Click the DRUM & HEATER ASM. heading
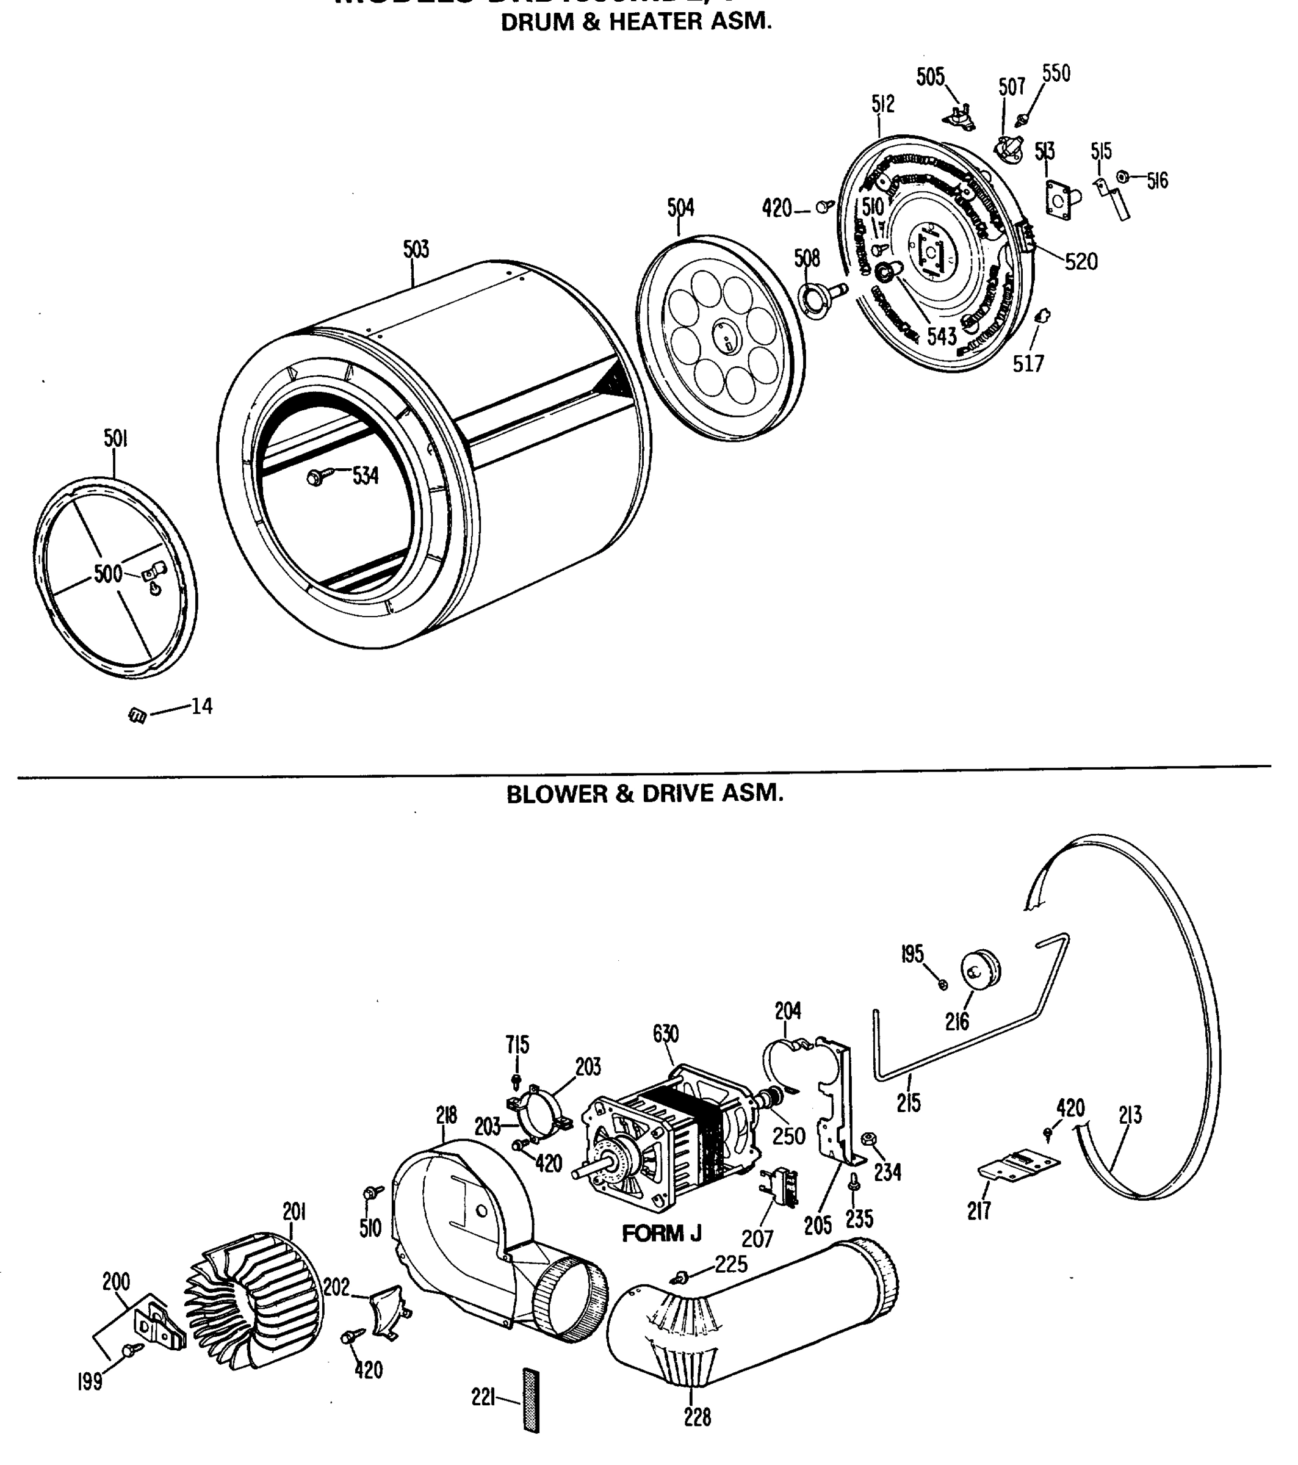tap(636, 21)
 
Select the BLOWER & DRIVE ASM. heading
tap(644, 794)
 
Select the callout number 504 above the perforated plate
tap(680, 208)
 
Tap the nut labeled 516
tap(1123, 176)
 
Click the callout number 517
tap(1028, 363)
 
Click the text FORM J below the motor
tap(662, 1234)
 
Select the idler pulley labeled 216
tap(981, 970)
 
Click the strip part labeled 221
tap(531, 1400)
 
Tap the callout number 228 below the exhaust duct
tap(697, 1416)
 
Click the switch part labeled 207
tap(781, 1190)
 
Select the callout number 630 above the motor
tap(665, 1033)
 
